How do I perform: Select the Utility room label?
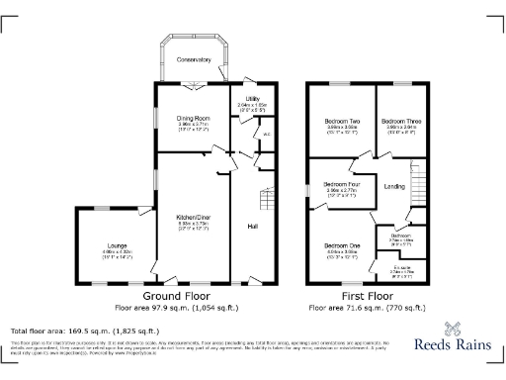(x=253, y=99)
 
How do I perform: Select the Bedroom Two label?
(x=341, y=120)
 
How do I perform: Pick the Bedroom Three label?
(x=401, y=120)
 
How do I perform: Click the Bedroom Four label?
(x=341, y=184)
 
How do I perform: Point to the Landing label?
(x=394, y=186)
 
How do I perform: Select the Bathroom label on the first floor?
(x=400, y=235)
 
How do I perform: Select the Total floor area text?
(x=85, y=331)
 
